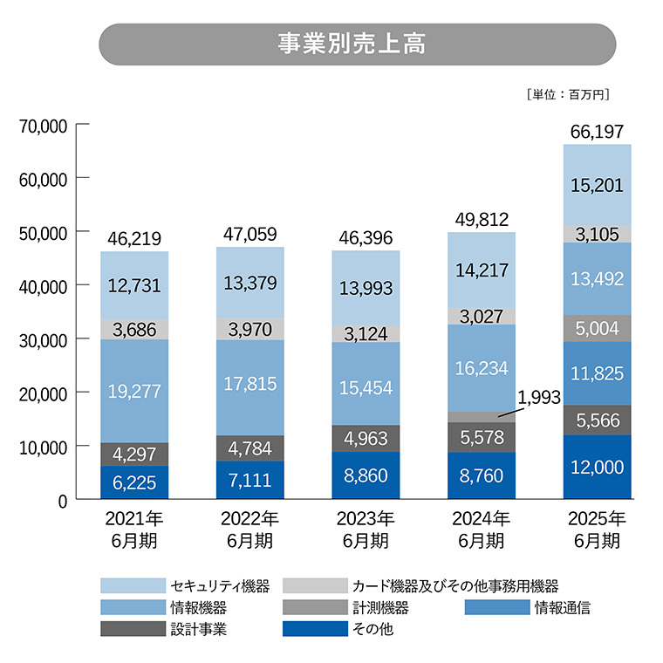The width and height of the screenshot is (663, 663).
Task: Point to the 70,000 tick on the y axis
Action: [x=43, y=125]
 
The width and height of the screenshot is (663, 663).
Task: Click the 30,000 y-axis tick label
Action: [x=43, y=339]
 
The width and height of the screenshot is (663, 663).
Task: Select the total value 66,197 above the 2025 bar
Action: [x=597, y=132]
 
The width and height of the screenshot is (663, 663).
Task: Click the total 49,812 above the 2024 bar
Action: [x=481, y=219]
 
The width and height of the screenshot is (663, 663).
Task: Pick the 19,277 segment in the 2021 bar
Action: [x=134, y=391]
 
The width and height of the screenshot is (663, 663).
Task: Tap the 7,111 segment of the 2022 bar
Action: [x=249, y=481]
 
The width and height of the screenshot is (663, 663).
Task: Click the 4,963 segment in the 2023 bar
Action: [x=366, y=438]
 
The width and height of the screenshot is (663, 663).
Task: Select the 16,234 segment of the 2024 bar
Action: [x=481, y=368]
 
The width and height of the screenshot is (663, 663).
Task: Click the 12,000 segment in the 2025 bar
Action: [x=597, y=468]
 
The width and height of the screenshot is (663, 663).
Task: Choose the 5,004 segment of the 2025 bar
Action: [x=597, y=327]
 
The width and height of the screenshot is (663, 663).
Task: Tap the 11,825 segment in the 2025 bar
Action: [x=597, y=373]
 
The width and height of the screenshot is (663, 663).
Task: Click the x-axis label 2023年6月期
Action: [x=366, y=529]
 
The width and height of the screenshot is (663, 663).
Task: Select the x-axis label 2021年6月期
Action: [x=134, y=529]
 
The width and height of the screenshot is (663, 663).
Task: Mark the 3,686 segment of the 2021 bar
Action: [x=134, y=329]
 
